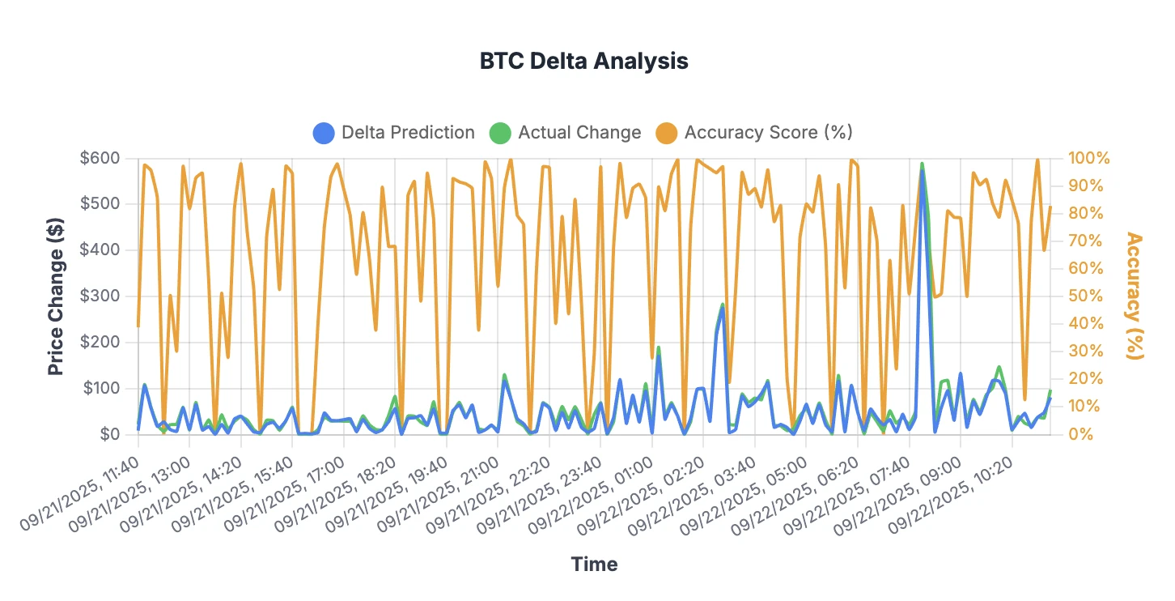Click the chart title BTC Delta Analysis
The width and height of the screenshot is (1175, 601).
tap(583, 61)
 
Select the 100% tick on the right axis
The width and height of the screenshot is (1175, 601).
tap(1089, 158)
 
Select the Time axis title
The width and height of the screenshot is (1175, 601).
tap(594, 564)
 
